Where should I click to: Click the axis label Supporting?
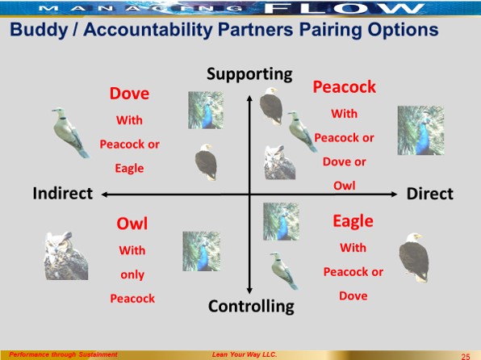tap(249, 74)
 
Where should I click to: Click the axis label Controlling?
tap(251, 306)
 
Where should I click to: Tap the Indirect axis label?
tap(63, 194)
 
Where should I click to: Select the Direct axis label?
tap(430, 194)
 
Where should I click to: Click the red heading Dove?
tap(129, 94)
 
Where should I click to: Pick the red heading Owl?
tap(132, 224)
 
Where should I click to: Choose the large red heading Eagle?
tap(353, 221)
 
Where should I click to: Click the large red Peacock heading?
tap(344, 87)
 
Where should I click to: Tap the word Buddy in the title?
tap(39, 30)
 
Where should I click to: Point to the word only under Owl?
tap(132, 274)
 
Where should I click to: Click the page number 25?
tap(466, 356)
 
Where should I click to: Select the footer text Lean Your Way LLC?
tap(245, 354)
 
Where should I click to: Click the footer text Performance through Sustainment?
tap(63, 354)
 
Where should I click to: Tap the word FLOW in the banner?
tap(344, 8)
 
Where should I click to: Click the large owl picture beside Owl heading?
tap(66, 256)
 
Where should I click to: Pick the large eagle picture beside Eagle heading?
tap(414, 257)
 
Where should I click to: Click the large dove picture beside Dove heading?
tap(70, 132)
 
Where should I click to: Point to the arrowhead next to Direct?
tap(394, 194)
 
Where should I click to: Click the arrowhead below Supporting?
tap(249, 98)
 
